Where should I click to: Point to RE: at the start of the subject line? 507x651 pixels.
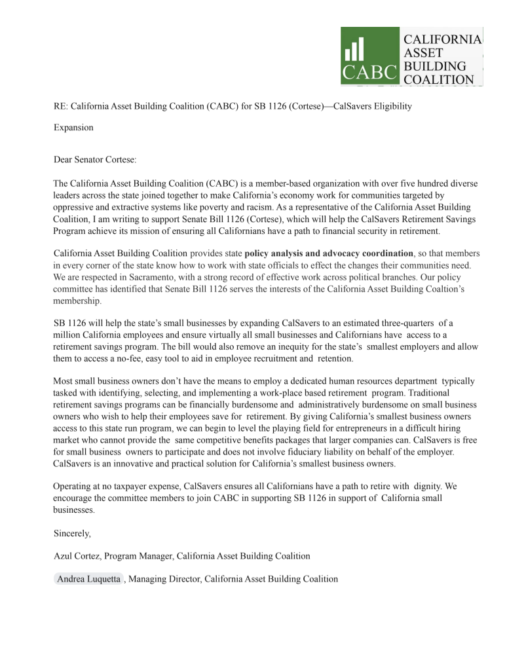(x=60, y=105)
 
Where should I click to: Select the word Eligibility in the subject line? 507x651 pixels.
(x=388, y=105)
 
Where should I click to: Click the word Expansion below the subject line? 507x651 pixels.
(x=73, y=128)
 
